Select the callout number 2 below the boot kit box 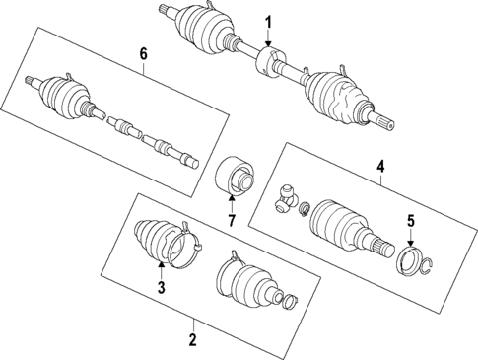(x=193, y=341)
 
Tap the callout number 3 (x=160, y=287)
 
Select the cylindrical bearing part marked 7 (x=235, y=178)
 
